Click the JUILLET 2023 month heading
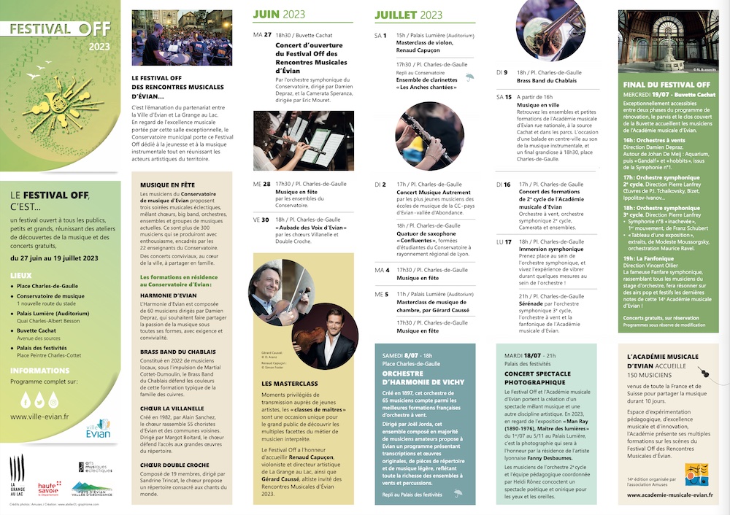point(408,15)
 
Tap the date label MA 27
point(262,35)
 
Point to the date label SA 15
point(504,96)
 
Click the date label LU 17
point(504,241)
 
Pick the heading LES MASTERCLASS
point(290,383)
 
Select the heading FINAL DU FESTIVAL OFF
point(662,85)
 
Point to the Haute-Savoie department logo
point(49,487)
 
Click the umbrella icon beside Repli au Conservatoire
point(469,76)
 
